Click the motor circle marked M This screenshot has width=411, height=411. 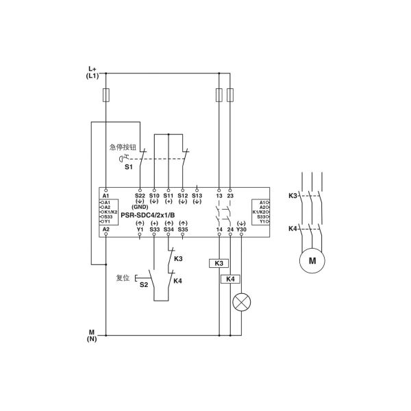pos(312,260)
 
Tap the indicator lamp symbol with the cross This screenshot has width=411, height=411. pos(240,303)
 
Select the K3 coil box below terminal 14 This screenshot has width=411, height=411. pos(219,263)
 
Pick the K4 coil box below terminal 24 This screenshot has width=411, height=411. pos(230,279)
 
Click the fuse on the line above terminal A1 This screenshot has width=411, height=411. pos(105,94)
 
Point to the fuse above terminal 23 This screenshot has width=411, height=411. pos(230,95)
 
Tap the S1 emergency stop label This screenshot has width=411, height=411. pos(128,166)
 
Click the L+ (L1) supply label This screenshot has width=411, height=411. pos(93,72)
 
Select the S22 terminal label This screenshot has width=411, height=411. pos(140,195)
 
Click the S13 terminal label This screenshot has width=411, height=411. pos(197,195)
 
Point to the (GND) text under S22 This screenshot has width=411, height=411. pos(140,207)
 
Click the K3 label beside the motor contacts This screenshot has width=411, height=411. pos(292,195)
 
